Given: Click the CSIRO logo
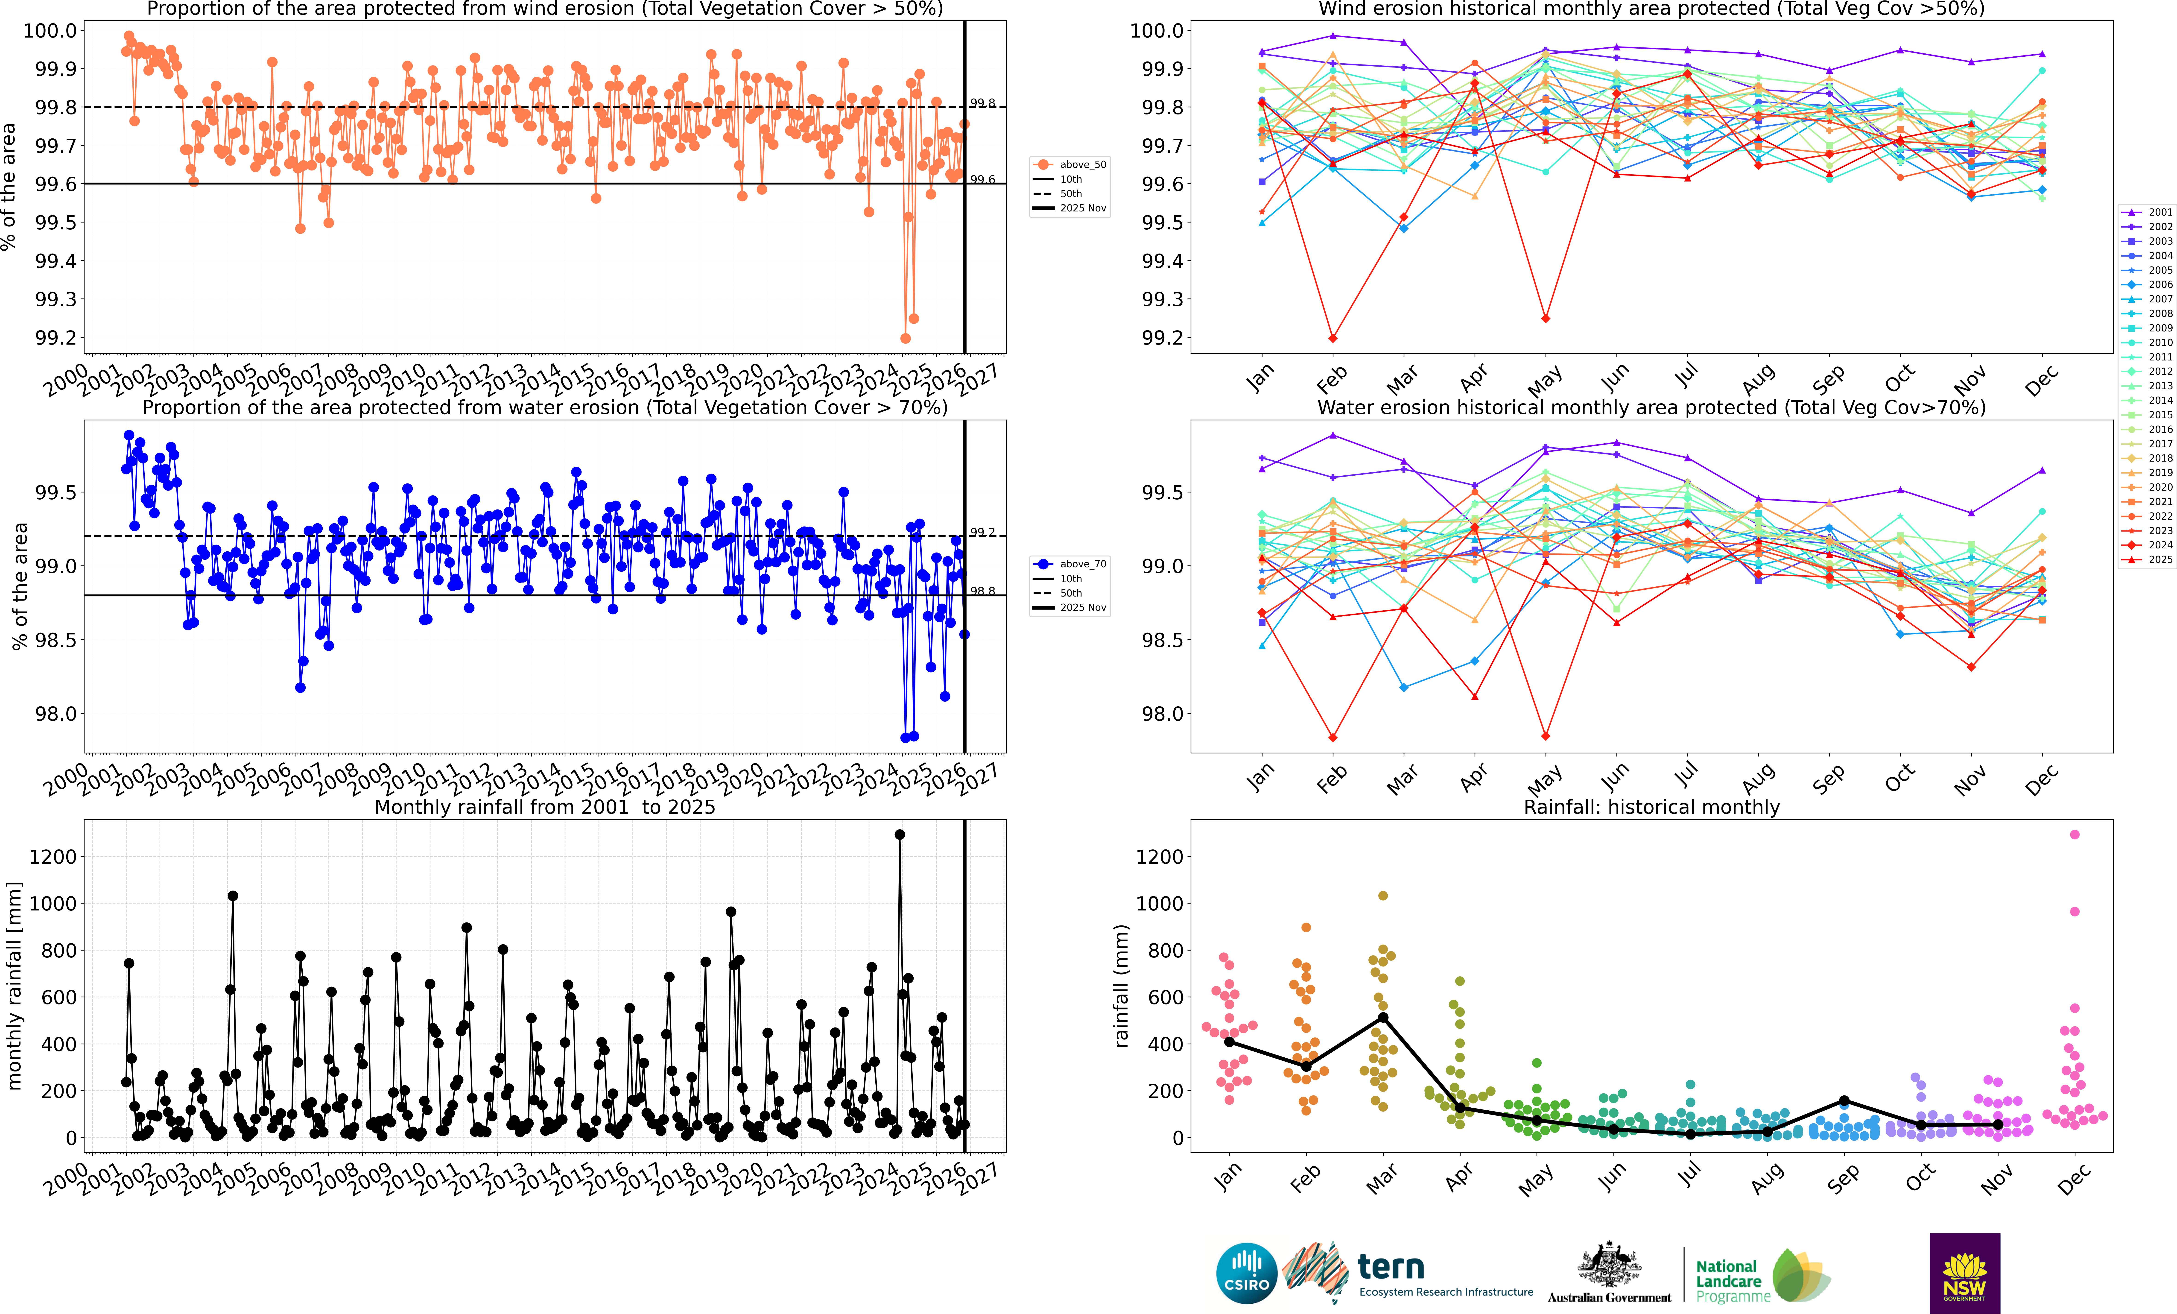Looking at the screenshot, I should click(x=1247, y=1273).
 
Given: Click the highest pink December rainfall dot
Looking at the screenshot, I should click(x=2075, y=834).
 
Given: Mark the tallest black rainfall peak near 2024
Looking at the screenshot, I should click(x=900, y=834).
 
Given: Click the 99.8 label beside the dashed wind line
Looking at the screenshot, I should click(x=982, y=103).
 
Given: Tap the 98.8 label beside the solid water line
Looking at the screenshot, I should click(x=982, y=591).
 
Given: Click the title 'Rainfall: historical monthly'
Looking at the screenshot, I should click(x=1651, y=807).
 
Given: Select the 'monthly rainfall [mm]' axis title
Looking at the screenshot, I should click(x=14, y=985).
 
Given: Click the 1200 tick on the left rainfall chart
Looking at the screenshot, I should click(x=53, y=856).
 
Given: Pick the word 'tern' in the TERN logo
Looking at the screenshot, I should click(x=1391, y=1267).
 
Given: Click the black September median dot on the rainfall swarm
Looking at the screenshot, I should click(x=1844, y=1100).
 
